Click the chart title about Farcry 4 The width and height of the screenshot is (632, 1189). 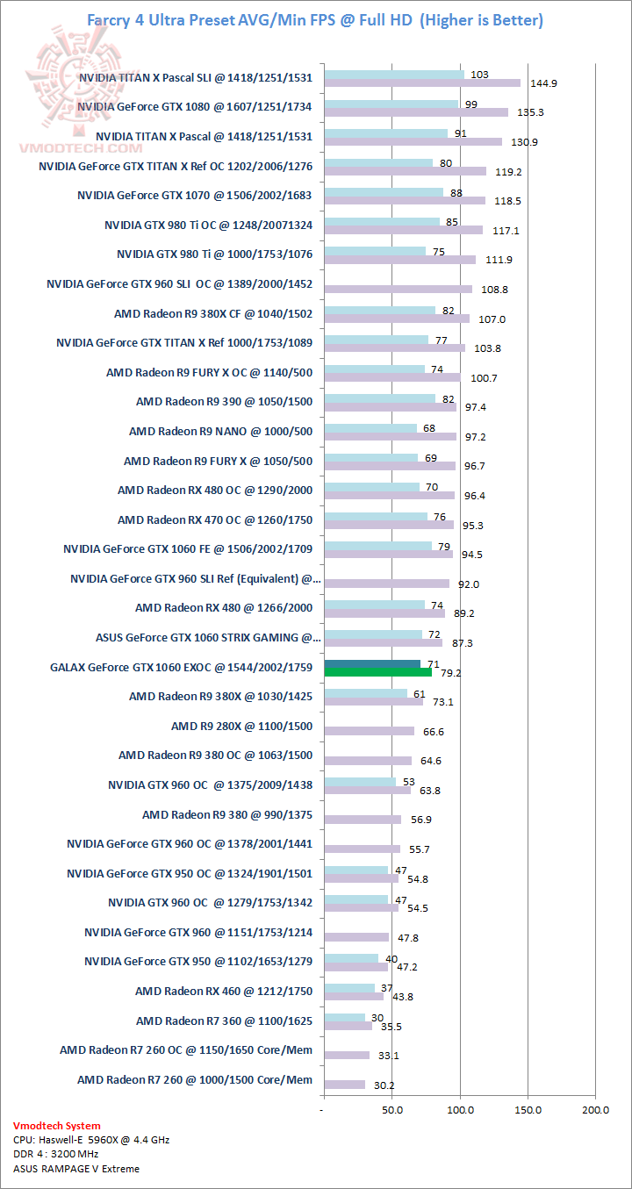tap(314, 19)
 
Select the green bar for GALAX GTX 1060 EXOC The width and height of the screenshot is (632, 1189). tap(377, 673)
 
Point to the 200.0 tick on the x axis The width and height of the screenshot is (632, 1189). tap(595, 1110)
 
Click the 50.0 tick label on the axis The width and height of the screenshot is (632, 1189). tap(392, 1110)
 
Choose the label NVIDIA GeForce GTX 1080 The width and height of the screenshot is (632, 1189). tap(195, 106)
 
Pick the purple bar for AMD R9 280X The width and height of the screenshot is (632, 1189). tap(369, 731)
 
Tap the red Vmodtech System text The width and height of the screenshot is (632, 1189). tap(57, 1126)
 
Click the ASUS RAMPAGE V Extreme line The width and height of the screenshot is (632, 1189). tap(76, 1168)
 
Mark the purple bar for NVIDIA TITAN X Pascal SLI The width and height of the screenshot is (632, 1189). tap(422, 83)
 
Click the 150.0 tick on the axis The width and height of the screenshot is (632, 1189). tap(528, 1110)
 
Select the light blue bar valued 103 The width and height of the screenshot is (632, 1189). tap(394, 74)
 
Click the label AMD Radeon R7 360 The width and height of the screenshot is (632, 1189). tap(224, 1021)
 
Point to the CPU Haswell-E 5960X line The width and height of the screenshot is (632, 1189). tap(91, 1140)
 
